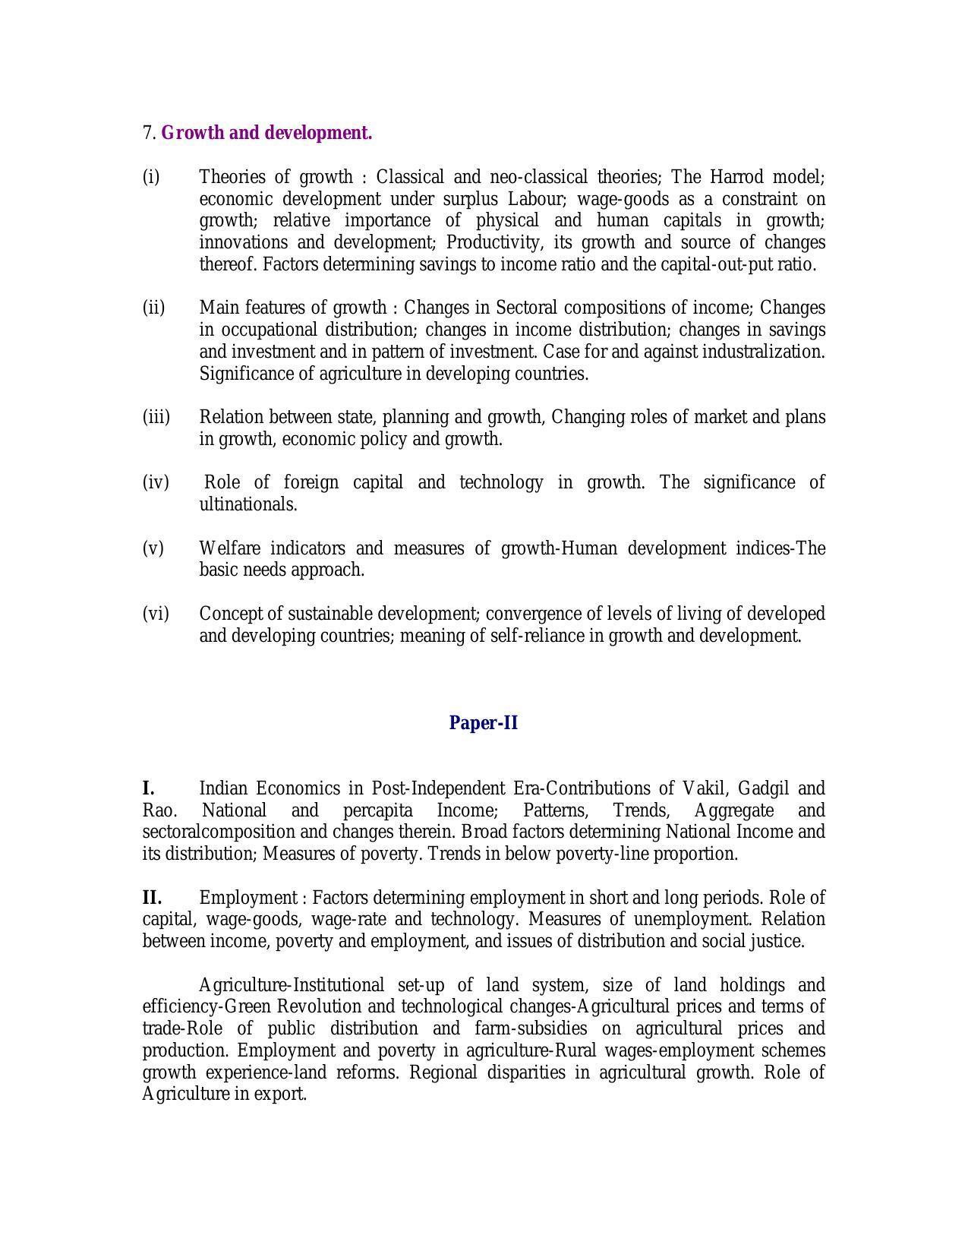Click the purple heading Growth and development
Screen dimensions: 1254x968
click(266, 133)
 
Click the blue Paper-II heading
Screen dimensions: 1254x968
click(483, 723)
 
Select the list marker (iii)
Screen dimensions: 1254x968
click(156, 418)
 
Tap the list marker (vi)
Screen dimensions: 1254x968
click(156, 614)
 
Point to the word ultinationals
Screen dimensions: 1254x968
click(248, 504)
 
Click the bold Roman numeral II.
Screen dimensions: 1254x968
click(152, 898)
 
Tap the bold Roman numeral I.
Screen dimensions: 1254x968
click(149, 788)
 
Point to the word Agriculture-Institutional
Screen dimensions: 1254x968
click(292, 985)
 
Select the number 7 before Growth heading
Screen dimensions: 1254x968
click(147, 133)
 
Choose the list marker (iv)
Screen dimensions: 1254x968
click(156, 483)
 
